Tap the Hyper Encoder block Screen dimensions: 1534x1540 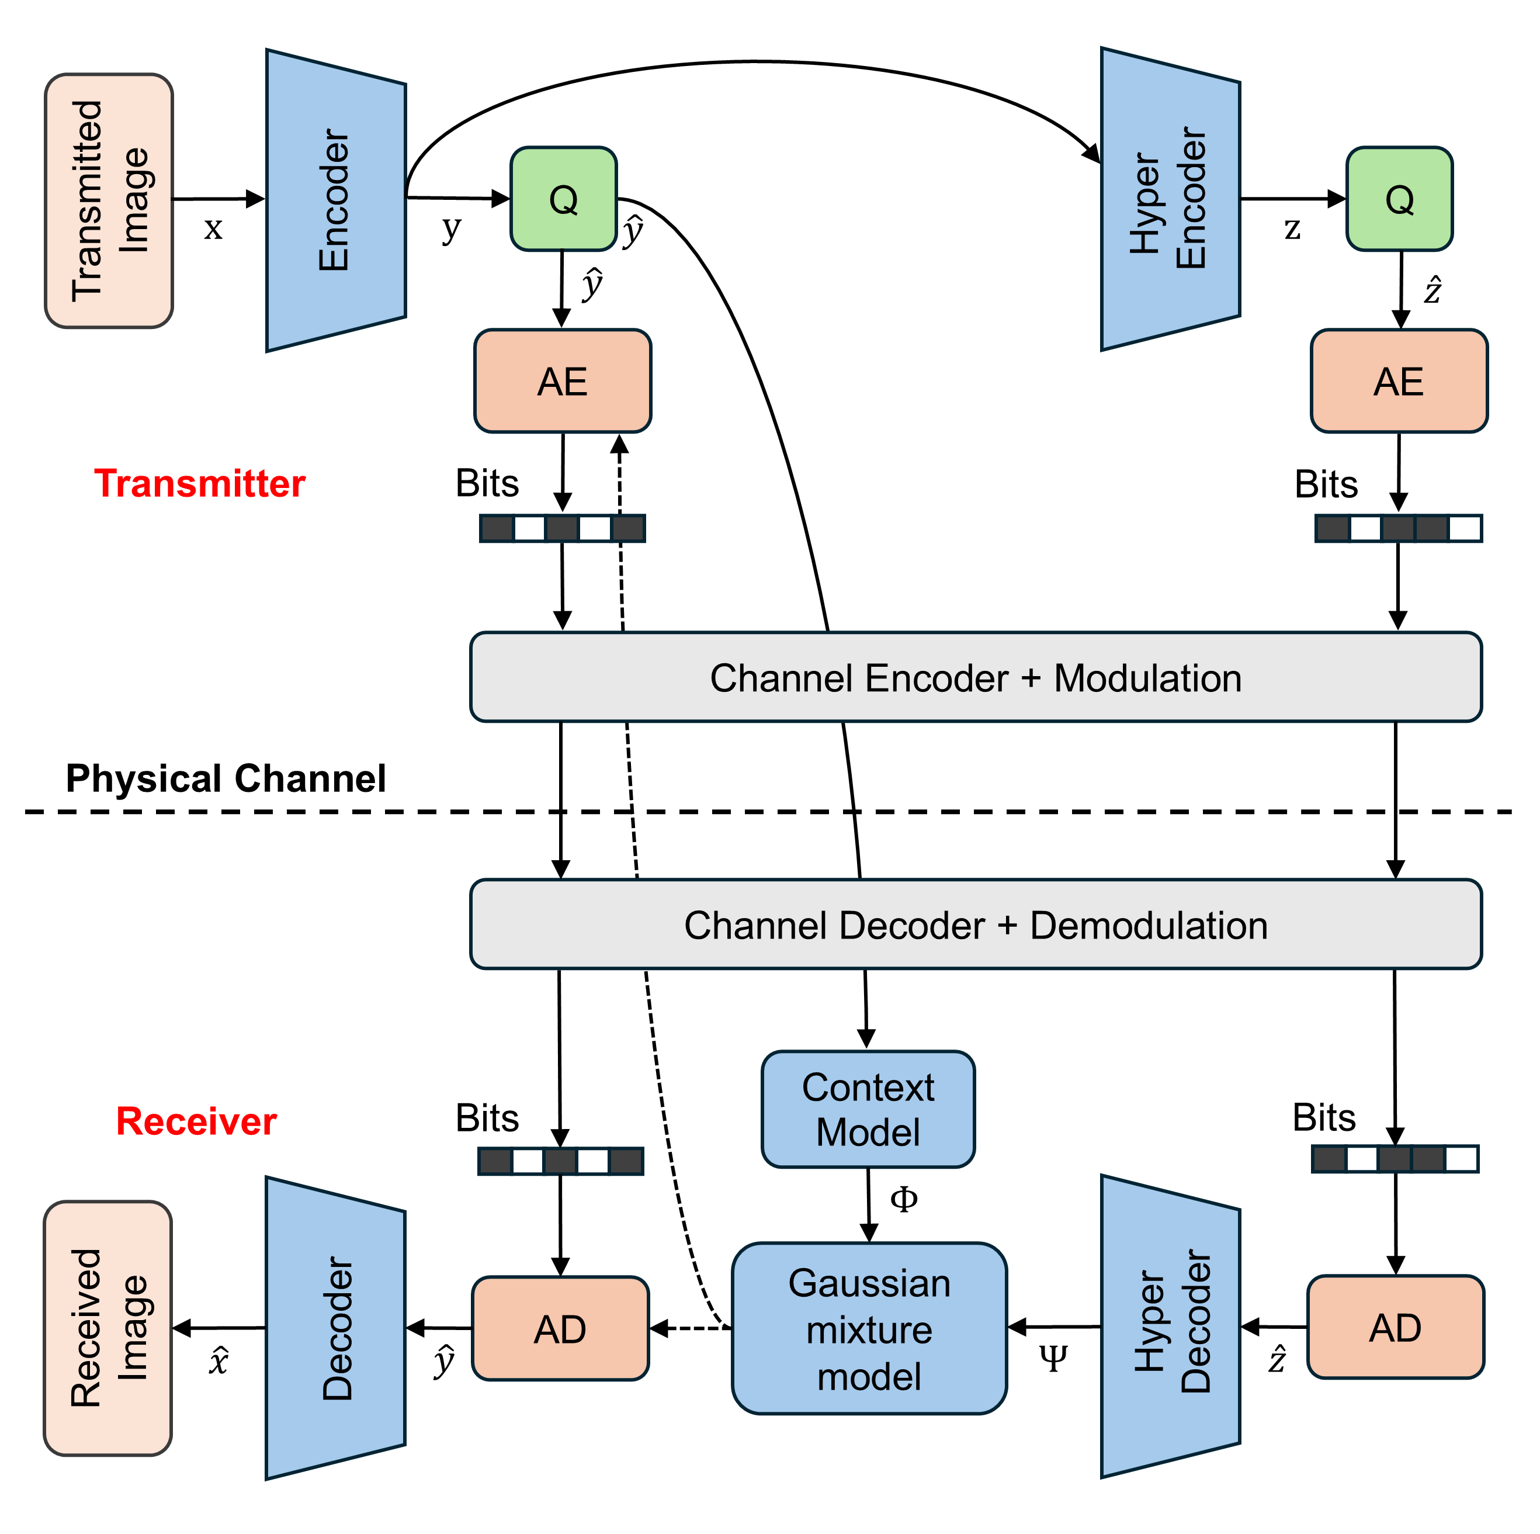1170,199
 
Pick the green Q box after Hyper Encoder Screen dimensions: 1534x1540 1399,199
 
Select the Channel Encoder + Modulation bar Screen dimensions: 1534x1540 975,678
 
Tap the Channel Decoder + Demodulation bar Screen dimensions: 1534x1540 975,925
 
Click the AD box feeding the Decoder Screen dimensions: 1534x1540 560,1328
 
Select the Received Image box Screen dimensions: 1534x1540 107,1328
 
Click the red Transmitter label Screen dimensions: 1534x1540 199,484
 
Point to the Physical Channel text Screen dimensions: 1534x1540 226,778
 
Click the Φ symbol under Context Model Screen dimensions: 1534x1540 903,1200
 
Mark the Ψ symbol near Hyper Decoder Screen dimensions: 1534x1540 1053,1359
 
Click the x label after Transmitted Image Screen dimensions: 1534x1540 213,230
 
